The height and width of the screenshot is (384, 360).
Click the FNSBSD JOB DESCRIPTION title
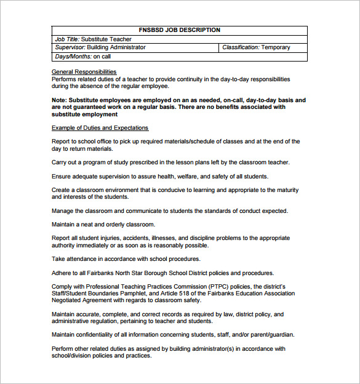180,30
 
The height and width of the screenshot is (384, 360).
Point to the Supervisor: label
70,47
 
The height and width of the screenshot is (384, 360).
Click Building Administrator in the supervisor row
116,47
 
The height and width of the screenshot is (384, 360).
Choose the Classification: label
241,47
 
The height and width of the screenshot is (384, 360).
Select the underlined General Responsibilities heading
84,72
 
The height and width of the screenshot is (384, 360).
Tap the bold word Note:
60,100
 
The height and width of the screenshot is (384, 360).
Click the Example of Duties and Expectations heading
100,128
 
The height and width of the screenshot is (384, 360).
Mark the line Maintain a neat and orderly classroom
103,225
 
